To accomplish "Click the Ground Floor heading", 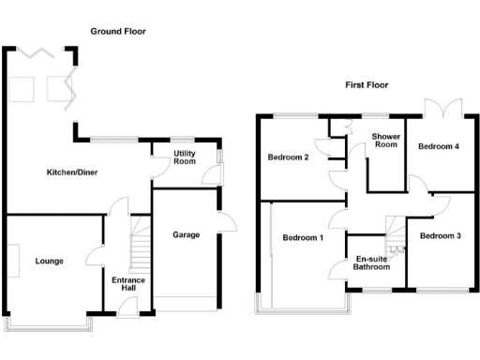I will [117, 31].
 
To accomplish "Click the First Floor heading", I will [366, 84].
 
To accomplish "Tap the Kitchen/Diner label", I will [73, 172].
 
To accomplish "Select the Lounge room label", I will [49, 261].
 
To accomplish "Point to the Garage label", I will [185, 234].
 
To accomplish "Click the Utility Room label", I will [184, 158].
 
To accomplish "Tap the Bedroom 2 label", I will [288, 157].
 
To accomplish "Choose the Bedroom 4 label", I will [439, 147].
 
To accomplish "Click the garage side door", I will [227, 223].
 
